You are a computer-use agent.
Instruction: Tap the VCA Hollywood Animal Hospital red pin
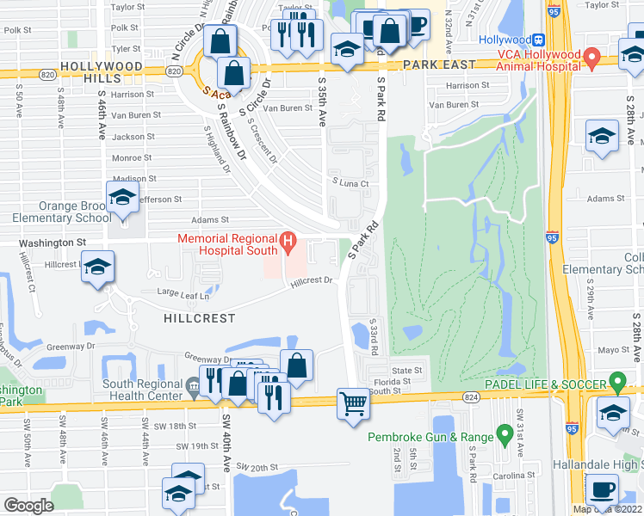coord(591,58)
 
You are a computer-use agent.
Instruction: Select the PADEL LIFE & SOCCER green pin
coord(616,380)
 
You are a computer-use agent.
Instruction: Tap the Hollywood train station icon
coord(538,40)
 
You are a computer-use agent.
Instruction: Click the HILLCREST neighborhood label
coord(200,317)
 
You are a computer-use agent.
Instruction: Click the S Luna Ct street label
coord(350,183)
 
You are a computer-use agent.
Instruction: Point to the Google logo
coord(28,506)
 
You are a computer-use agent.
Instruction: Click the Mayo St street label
coord(614,350)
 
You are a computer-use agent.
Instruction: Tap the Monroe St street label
coord(132,157)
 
